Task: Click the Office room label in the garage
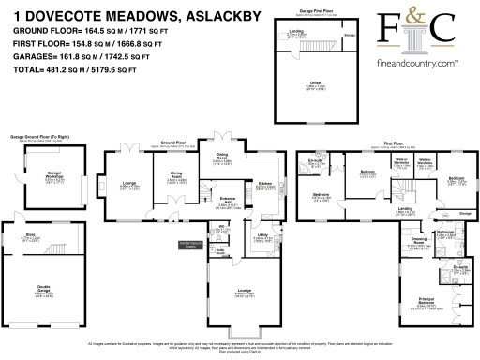click(316, 84)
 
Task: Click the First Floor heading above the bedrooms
click(383, 143)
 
